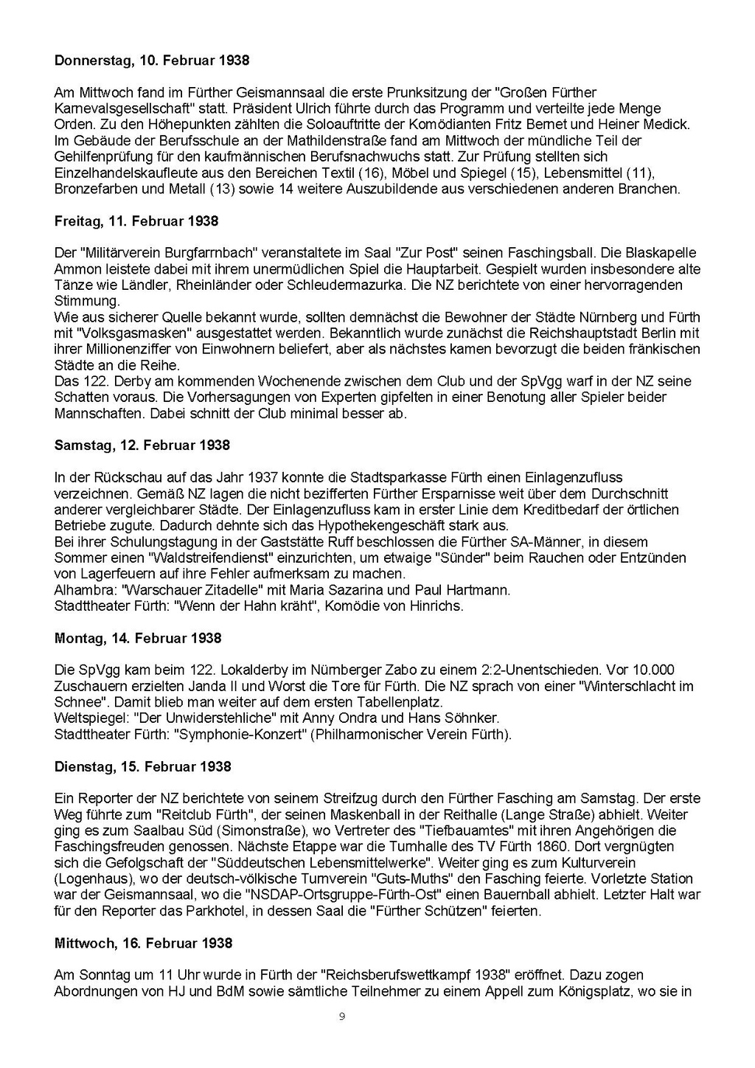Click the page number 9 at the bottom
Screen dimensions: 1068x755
pos(341,1017)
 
